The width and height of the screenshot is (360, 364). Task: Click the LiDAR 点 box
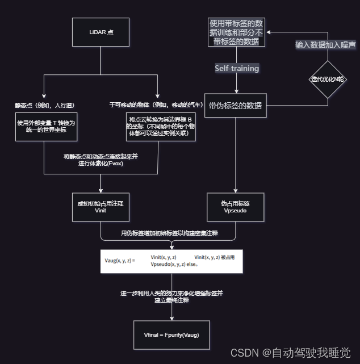(102, 32)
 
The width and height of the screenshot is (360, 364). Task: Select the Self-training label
(236, 68)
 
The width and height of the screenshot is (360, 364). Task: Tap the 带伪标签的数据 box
(235, 105)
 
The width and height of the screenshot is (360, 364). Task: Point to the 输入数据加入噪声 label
(324, 44)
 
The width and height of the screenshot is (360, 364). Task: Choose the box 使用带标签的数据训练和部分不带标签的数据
(236, 32)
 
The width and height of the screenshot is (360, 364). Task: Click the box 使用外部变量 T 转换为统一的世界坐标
(46, 127)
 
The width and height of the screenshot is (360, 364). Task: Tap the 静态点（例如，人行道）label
(45, 105)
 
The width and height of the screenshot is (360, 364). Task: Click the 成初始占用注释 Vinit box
(101, 207)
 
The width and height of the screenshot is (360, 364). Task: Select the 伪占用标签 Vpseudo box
(235, 207)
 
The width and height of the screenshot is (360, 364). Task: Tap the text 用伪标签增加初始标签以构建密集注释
(170, 233)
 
